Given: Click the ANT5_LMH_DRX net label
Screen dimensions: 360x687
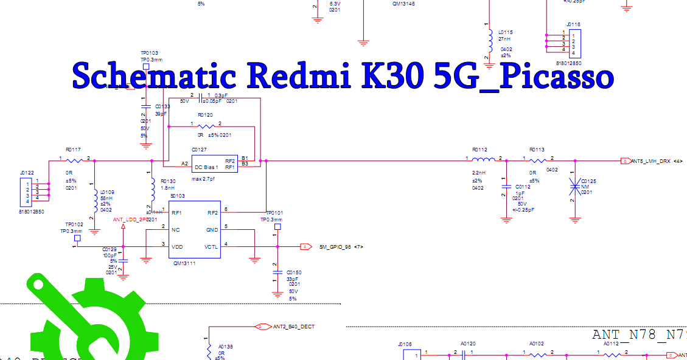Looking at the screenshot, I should (x=650, y=161).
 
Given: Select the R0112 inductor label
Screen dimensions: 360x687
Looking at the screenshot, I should (x=480, y=149).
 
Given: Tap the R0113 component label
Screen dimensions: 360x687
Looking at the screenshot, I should (x=537, y=149).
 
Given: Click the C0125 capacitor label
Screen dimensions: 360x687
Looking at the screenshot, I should (x=588, y=181).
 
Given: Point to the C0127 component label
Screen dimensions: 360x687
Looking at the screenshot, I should (x=199, y=149).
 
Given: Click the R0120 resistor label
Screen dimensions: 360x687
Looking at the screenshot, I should (x=205, y=114).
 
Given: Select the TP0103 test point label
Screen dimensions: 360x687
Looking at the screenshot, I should (x=150, y=54).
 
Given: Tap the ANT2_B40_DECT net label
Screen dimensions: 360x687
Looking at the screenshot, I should (x=294, y=327).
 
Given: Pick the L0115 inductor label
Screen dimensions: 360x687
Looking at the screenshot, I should (x=506, y=32).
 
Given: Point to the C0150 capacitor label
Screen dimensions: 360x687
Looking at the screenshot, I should (x=294, y=272).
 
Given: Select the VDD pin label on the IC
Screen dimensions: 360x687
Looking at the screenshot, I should (x=177, y=247).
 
